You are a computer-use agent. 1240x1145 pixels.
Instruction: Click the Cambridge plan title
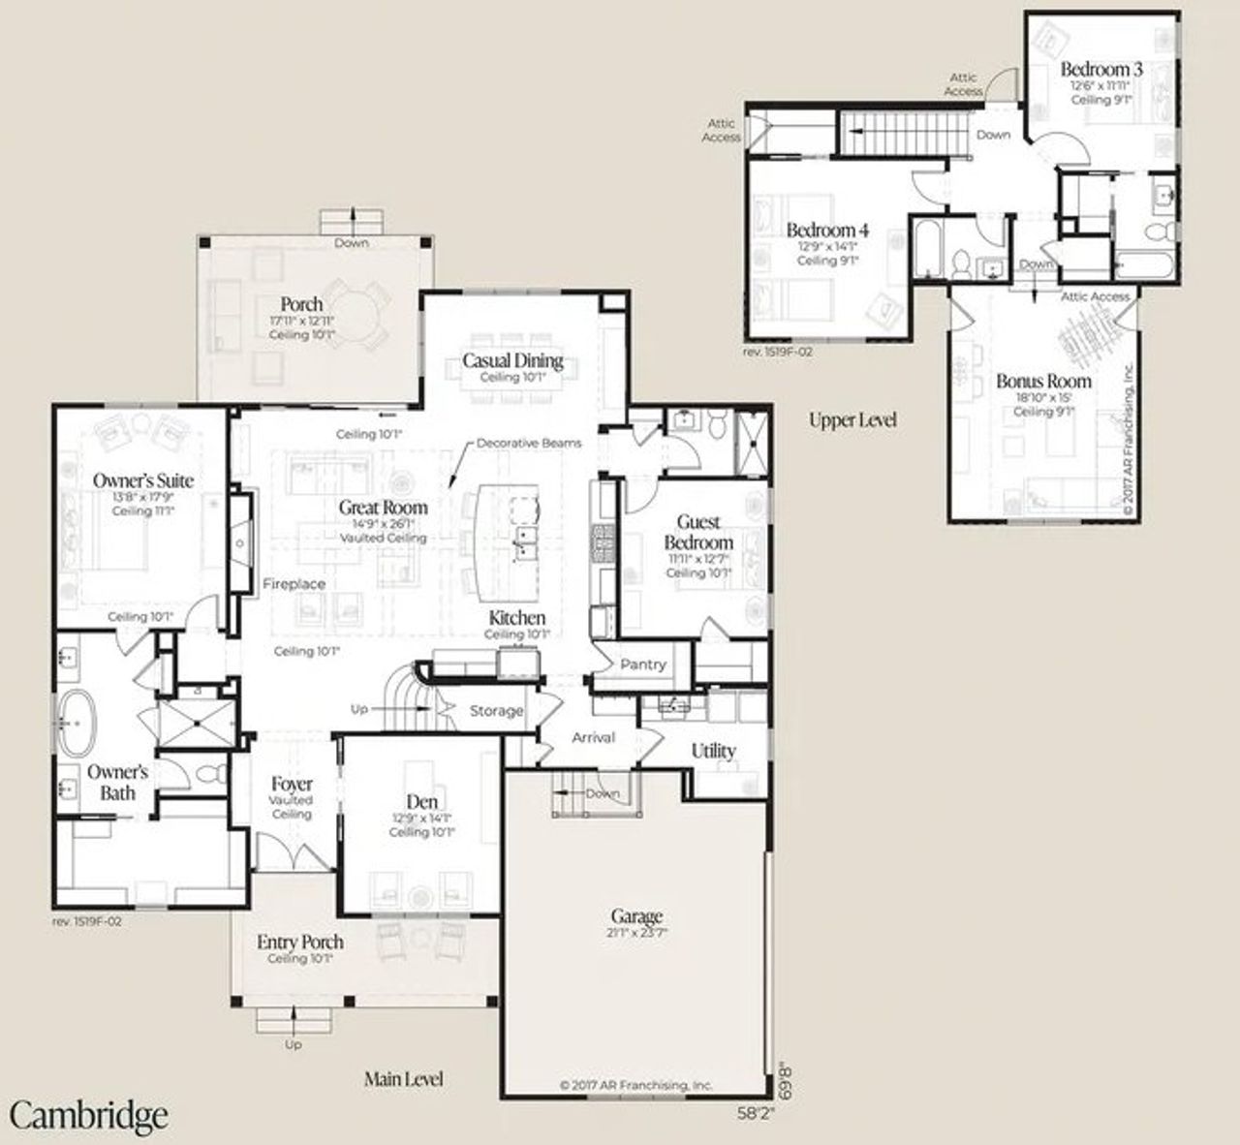89,1115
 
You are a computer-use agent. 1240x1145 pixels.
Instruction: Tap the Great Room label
383,507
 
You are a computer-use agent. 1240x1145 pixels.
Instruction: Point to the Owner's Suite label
143,480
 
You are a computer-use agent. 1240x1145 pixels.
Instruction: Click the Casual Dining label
512,361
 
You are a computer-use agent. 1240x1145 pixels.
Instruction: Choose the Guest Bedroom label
698,532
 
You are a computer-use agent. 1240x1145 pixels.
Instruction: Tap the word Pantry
643,665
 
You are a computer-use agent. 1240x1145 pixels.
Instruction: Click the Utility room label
713,751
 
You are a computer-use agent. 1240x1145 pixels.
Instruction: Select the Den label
421,801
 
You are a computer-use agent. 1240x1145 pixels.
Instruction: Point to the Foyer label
292,784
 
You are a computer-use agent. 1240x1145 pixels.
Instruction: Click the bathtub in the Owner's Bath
75,723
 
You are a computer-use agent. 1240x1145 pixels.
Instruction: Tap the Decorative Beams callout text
529,443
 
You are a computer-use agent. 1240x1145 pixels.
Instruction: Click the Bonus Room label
1043,381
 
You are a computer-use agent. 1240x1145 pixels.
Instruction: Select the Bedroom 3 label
1100,69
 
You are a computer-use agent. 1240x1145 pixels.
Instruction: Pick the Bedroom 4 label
827,230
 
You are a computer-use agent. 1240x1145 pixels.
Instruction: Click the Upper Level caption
852,419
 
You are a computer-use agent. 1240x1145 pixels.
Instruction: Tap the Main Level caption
404,1078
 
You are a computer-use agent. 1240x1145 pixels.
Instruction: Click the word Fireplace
294,584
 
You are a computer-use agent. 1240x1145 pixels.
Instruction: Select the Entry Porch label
299,942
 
